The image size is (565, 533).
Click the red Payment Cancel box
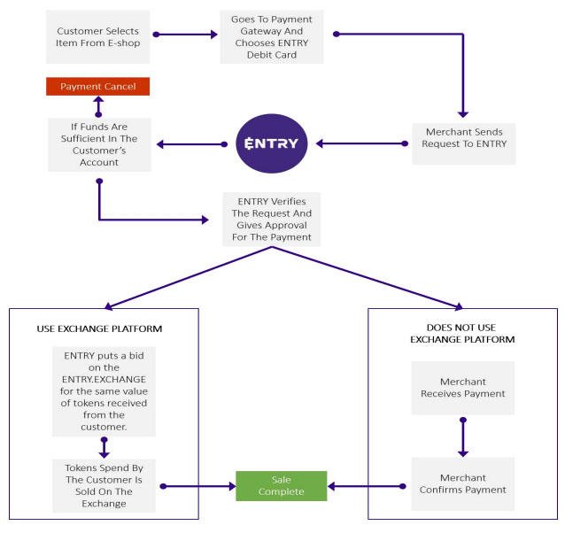point(97,87)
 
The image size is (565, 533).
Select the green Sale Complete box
point(281,486)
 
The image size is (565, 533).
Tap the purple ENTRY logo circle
point(271,143)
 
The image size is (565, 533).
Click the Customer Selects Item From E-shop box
point(97,36)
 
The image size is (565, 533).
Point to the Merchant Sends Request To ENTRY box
point(464,143)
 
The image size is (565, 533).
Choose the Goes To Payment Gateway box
point(272,36)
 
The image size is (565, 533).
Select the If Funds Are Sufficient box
point(99,144)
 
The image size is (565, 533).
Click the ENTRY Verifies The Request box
point(271,220)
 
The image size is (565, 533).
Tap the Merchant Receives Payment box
point(463,388)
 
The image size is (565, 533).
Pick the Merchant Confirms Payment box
point(463,483)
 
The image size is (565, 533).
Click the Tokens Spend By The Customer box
point(104,485)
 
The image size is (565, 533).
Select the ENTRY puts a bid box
point(104,391)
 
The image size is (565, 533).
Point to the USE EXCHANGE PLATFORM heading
point(99,328)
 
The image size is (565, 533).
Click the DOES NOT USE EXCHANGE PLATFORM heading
point(462,334)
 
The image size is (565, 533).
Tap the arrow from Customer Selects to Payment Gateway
point(185,35)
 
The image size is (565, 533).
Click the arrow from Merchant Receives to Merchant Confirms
point(463,437)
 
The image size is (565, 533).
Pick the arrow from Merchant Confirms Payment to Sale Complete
point(367,487)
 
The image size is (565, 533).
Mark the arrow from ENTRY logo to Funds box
point(192,144)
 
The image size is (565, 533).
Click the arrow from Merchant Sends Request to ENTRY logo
point(362,143)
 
